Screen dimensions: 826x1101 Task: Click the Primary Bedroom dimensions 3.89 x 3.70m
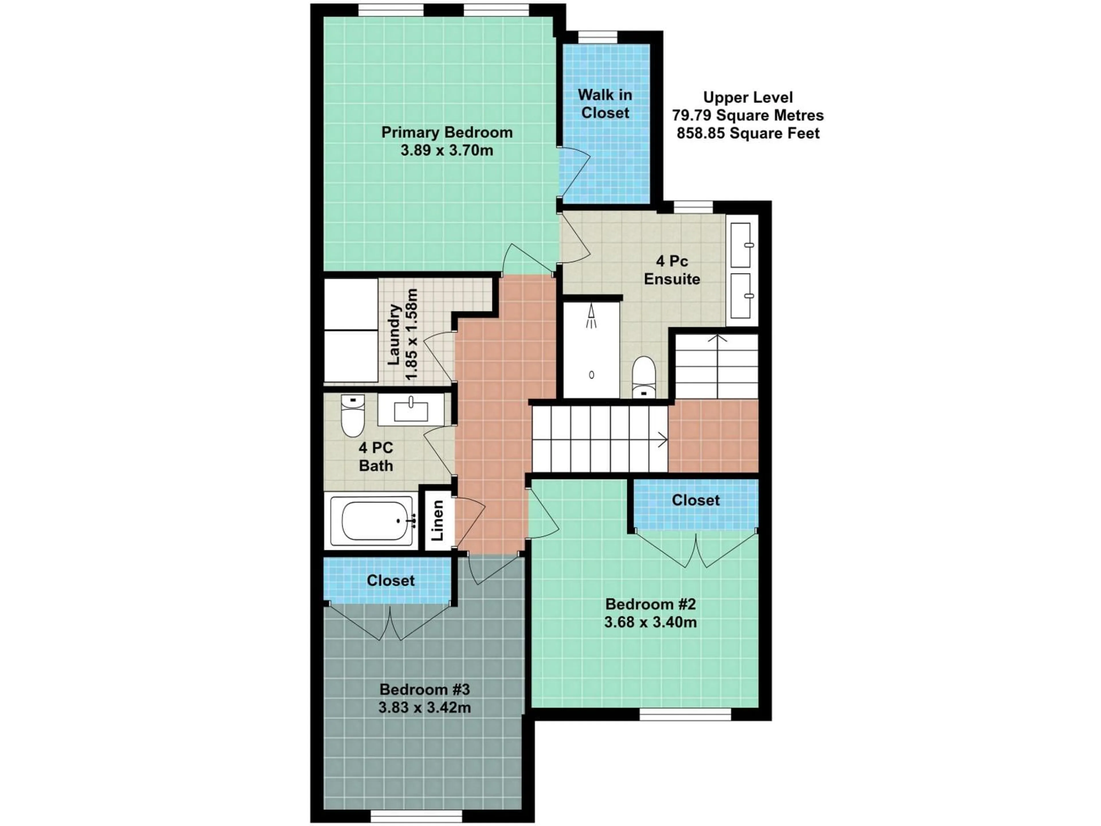pyautogui.click(x=446, y=150)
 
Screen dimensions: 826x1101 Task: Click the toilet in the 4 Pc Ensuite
pyautogui.click(x=644, y=377)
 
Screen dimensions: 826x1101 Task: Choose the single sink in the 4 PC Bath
pyautogui.click(x=411, y=410)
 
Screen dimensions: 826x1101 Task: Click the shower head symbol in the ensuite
pyautogui.click(x=591, y=317)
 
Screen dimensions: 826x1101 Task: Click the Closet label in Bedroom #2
pyautogui.click(x=695, y=500)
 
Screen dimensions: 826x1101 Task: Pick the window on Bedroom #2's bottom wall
pyautogui.click(x=685, y=714)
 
